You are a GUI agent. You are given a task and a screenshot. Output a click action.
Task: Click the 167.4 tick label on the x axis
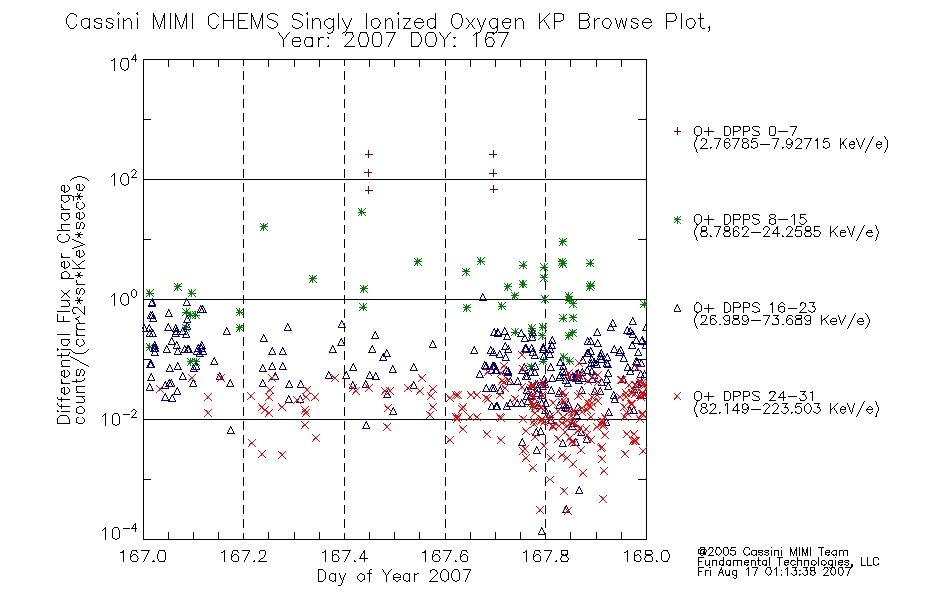point(345,556)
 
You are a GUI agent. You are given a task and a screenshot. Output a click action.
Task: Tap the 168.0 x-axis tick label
point(646,556)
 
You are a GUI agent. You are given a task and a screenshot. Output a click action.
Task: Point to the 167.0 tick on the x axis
point(143,556)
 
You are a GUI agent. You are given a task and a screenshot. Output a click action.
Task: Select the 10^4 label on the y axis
point(124,63)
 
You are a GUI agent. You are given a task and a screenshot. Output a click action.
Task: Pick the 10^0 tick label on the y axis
point(124,299)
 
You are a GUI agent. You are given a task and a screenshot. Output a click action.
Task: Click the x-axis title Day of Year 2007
point(394,576)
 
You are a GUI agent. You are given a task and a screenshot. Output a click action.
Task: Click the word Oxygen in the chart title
point(487,22)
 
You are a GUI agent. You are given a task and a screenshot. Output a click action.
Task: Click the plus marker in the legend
point(677,131)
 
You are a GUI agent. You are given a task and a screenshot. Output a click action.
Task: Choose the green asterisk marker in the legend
point(677,220)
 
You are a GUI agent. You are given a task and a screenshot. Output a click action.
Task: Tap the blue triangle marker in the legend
point(677,308)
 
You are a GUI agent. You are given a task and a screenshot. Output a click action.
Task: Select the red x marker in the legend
point(677,396)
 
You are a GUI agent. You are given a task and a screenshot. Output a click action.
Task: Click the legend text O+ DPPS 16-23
point(755,307)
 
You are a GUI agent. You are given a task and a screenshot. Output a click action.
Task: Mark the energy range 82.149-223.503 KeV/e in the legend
point(786,409)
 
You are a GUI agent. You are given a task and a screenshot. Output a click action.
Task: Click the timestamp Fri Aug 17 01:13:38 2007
point(774,572)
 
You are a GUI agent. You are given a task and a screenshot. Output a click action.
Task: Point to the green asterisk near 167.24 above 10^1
point(264,227)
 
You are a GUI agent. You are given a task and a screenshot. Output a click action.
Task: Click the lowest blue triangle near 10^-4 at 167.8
point(542,532)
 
